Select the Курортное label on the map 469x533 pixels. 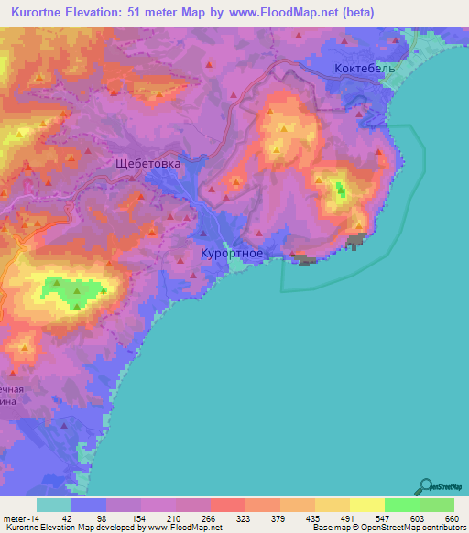coord(233,254)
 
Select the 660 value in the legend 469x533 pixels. coord(453,518)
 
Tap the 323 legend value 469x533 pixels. coord(245,518)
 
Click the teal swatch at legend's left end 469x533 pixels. coord(54,505)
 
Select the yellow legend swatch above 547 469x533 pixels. coord(366,505)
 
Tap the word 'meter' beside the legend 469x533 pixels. coord(16,518)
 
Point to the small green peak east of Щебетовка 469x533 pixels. coord(341,190)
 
